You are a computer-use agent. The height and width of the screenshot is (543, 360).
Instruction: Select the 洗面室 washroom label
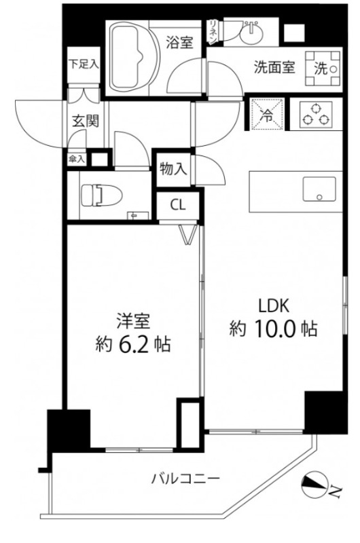coord(274,68)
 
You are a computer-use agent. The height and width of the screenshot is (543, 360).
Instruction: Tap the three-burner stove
coord(314,114)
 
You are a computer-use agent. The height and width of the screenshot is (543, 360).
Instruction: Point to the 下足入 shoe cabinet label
coord(84,65)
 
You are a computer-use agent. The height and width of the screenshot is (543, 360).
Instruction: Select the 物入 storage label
coord(173,169)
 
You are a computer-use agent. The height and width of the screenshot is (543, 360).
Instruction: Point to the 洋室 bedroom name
coord(133,320)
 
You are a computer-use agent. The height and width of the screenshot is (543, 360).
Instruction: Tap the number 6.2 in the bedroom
coord(134,345)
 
